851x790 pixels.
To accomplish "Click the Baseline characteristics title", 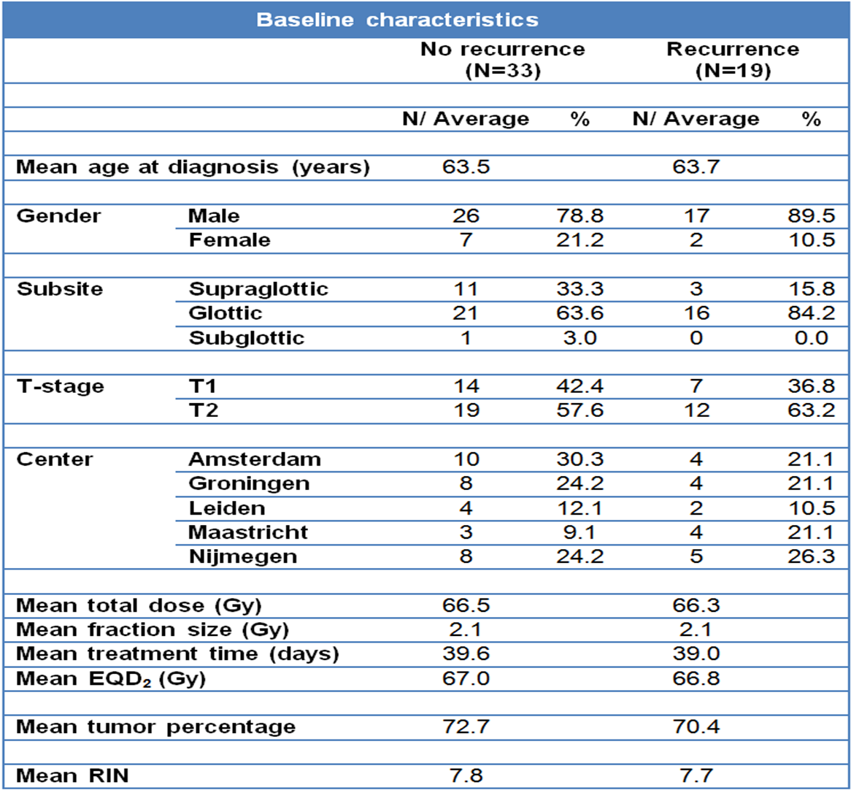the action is (x=397, y=20).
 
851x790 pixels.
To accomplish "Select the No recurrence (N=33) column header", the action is (x=503, y=60).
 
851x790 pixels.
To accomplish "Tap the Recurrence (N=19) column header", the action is (x=733, y=60).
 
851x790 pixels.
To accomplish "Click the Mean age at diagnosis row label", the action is (x=193, y=167).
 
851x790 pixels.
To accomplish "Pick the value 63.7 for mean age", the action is (x=696, y=166).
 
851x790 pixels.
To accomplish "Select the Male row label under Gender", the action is (x=214, y=216).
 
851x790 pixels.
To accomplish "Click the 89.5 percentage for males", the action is (x=812, y=216).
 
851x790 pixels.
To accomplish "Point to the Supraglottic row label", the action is (x=258, y=289).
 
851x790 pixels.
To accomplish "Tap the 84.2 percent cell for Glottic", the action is (x=812, y=313).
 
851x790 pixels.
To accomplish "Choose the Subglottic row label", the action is (x=247, y=338).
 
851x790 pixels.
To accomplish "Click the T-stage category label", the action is (x=61, y=386).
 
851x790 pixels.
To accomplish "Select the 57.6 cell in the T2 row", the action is (x=580, y=410).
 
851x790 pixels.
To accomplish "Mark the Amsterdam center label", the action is (x=255, y=459).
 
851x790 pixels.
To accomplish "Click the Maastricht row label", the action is (x=248, y=532).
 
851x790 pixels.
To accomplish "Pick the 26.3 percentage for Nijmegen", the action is (x=812, y=556).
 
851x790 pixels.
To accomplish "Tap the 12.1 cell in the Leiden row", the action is (x=580, y=508).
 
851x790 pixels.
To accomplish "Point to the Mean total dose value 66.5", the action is (x=466, y=605).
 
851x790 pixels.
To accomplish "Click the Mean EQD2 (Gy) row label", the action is (x=111, y=679).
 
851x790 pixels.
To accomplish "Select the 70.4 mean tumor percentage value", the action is (x=696, y=726).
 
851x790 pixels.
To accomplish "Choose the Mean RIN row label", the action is (x=72, y=776).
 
